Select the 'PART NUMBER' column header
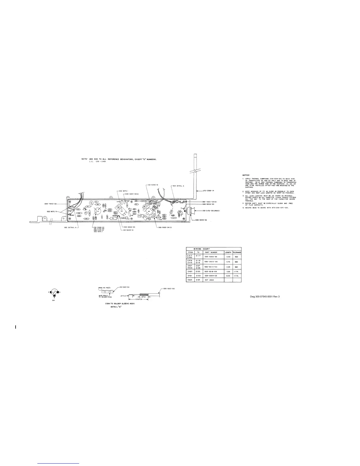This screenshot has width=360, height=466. click(211, 252)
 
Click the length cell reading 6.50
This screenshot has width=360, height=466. click(228, 257)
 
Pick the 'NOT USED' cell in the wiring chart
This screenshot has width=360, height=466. click(209, 280)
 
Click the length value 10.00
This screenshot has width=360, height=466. click(228, 276)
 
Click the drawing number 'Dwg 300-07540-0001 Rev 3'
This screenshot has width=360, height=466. click(264, 297)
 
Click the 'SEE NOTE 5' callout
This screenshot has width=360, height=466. click(53, 211)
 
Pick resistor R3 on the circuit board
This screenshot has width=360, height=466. click(113, 219)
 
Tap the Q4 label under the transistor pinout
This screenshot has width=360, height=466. click(54, 301)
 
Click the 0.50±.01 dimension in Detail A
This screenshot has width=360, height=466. click(139, 299)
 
